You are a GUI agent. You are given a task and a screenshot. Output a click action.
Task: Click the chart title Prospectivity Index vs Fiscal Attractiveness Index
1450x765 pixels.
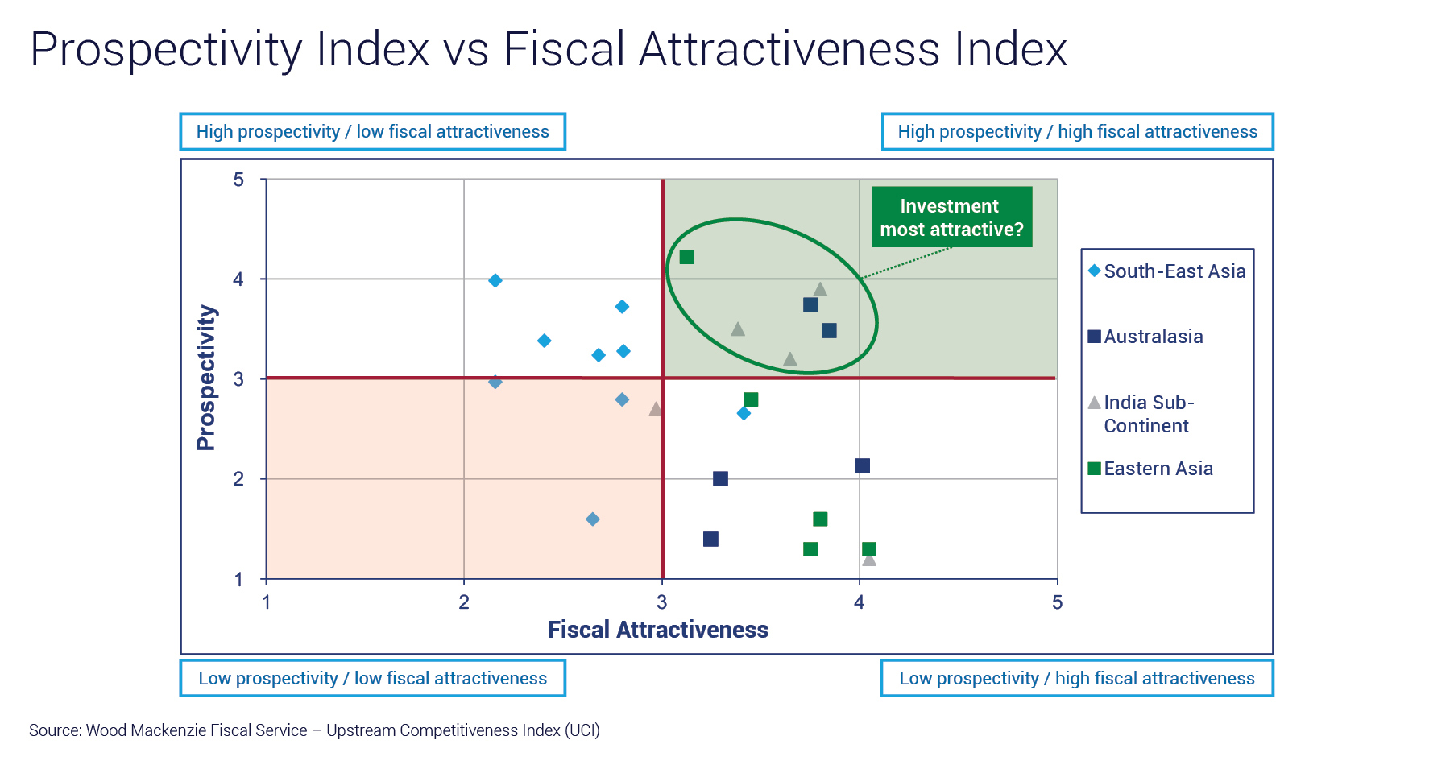pyautogui.click(x=549, y=49)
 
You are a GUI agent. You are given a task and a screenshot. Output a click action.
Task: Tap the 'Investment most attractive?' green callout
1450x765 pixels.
pyautogui.click(x=951, y=217)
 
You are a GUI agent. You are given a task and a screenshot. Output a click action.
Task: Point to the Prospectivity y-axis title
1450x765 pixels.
pyautogui.click(x=206, y=378)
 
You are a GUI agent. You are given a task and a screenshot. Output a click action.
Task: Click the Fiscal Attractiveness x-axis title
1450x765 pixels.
pyautogui.click(x=657, y=630)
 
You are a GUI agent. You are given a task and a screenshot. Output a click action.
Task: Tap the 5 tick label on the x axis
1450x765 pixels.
pyautogui.click(x=1057, y=602)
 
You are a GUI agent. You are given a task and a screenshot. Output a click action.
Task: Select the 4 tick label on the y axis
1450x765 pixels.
pyautogui.click(x=238, y=279)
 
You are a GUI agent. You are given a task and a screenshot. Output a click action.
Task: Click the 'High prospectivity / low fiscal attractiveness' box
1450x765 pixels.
pyautogui.click(x=372, y=132)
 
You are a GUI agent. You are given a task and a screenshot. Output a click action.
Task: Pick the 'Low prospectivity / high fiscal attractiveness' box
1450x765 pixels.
pyautogui.click(x=1076, y=679)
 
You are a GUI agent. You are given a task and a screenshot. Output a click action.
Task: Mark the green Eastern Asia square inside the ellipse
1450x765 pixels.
pyautogui.click(x=686, y=257)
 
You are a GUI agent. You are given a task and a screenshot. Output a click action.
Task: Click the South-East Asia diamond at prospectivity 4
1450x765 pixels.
pyautogui.click(x=495, y=280)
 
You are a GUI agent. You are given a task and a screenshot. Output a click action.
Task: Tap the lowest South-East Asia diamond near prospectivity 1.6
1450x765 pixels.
pyautogui.click(x=592, y=519)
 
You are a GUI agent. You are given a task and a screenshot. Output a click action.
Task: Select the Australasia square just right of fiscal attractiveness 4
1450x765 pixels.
pyautogui.click(x=862, y=466)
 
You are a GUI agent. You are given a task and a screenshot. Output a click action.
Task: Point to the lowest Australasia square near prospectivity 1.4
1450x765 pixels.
pyautogui.click(x=710, y=540)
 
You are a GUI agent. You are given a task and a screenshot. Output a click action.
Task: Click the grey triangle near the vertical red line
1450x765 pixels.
pyautogui.click(x=656, y=409)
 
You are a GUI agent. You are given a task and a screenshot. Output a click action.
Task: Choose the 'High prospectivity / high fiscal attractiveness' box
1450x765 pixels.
pyautogui.click(x=1077, y=132)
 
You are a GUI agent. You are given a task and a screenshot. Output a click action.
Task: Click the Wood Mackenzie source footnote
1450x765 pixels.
pyautogui.click(x=314, y=730)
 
